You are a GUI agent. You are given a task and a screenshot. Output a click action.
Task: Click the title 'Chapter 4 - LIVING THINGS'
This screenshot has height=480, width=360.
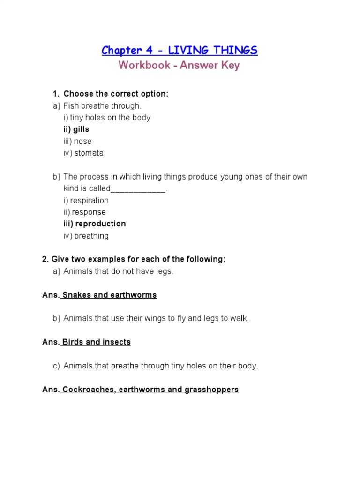tap(180, 50)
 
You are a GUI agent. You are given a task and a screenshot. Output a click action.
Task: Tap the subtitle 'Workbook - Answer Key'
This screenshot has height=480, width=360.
tap(179, 65)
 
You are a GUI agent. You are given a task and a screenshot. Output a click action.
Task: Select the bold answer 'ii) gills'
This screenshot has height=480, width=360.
tap(76, 129)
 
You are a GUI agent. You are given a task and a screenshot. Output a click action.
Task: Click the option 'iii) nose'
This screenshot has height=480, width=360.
tap(78, 141)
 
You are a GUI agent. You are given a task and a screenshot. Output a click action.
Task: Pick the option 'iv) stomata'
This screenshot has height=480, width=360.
tap(83, 153)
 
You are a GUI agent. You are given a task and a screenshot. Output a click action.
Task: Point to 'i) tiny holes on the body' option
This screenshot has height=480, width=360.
tap(107, 118)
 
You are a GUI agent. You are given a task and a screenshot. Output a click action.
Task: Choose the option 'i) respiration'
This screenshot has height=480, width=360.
tap(86, 201)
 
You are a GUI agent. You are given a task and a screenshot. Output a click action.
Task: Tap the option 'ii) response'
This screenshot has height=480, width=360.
tap(85, 212)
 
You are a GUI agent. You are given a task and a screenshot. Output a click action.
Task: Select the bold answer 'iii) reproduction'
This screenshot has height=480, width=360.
tap(95, 224)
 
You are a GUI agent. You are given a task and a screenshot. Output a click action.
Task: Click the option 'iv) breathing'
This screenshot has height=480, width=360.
tap(86, 236)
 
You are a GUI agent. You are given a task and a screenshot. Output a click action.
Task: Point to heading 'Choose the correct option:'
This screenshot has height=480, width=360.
tap(116, 94)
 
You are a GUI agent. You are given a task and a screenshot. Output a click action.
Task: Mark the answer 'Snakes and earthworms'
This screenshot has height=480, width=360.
tap(110, 295)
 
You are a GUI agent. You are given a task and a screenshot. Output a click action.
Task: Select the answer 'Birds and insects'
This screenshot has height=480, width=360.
tap(97, 342)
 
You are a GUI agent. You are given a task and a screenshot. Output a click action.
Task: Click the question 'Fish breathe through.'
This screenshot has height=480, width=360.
tap(102, 106)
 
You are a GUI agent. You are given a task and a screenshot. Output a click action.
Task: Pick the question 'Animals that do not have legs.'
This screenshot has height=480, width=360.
tap(118, 271)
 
